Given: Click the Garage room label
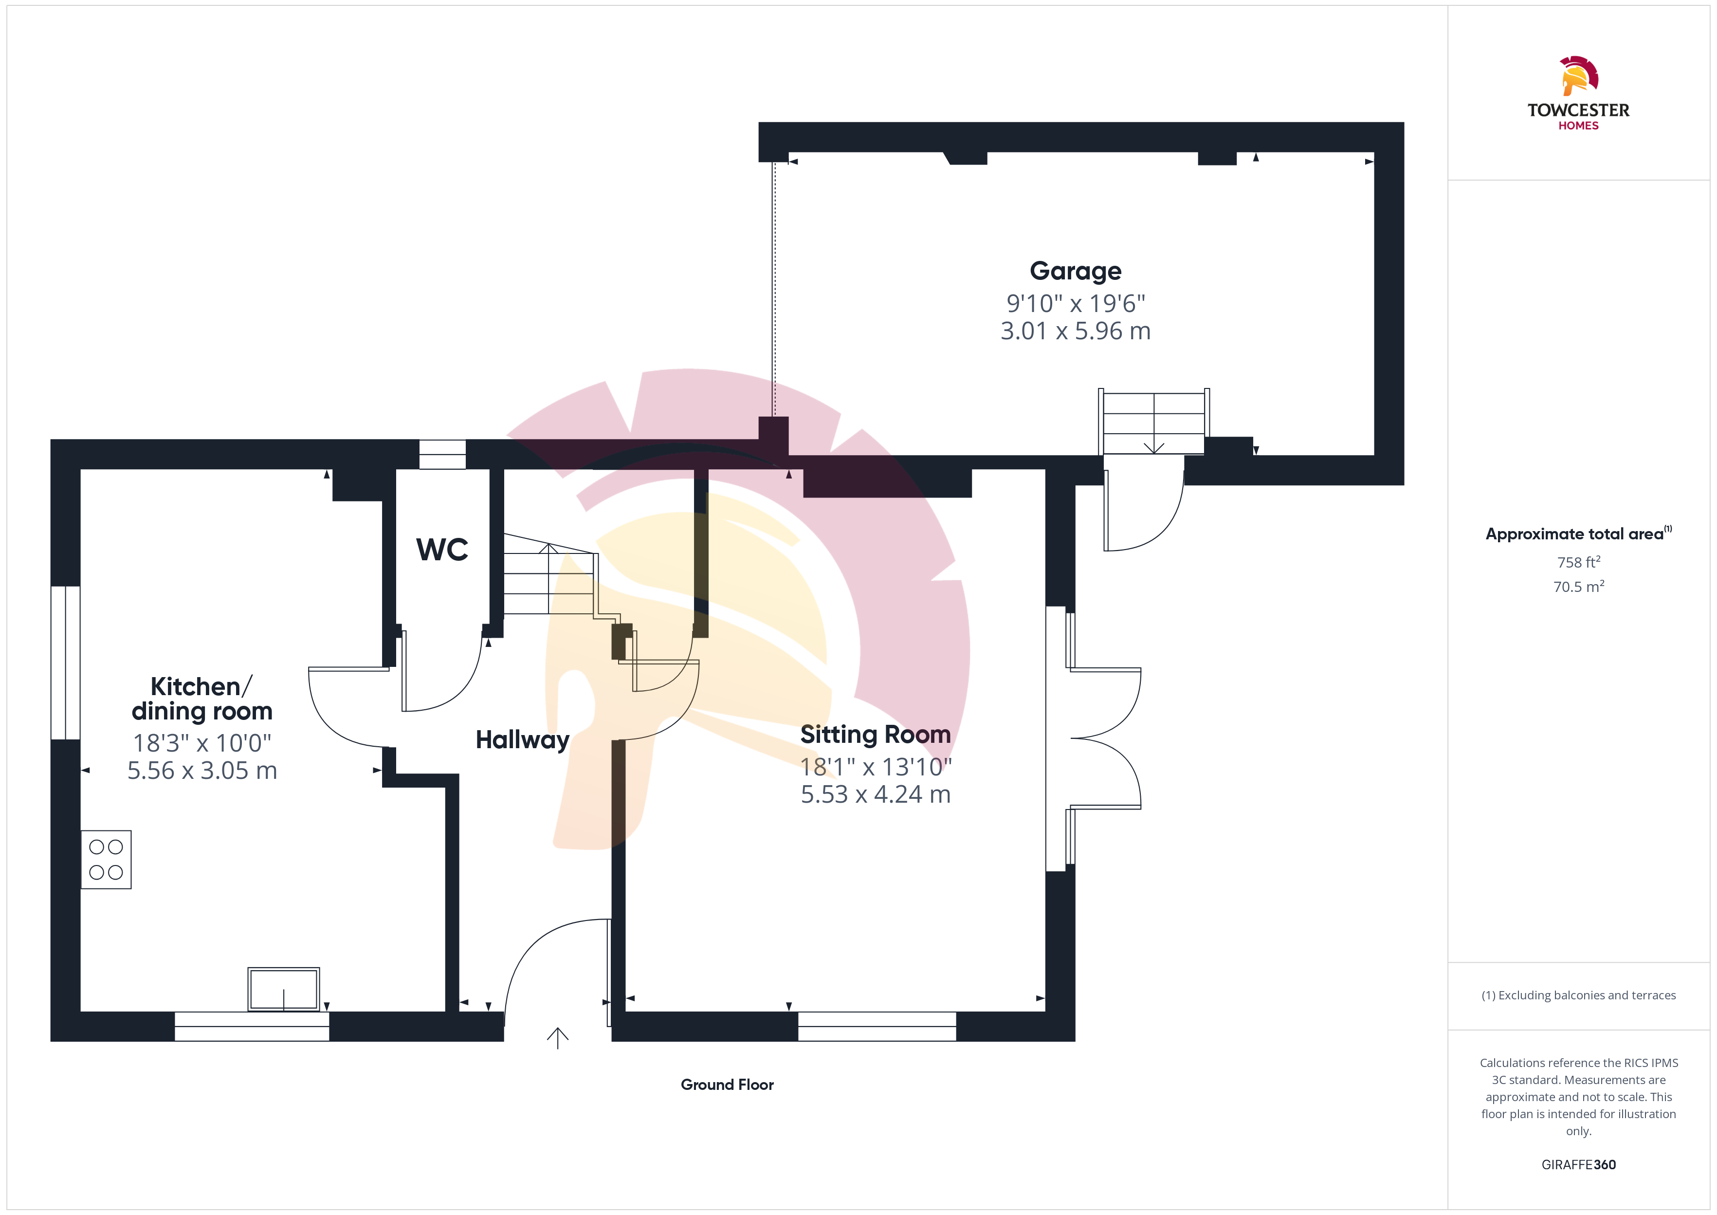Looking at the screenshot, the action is [1076, 271].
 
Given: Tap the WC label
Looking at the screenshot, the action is [442, 550].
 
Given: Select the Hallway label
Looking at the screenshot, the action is [523, 740].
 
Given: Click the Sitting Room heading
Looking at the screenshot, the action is [875, 734].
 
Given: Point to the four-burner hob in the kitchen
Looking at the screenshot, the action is [106, 860].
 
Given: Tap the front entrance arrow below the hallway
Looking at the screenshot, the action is [558, 1038].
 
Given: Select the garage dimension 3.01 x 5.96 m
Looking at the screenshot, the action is [1076, 331].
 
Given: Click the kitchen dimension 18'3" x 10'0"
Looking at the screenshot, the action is [202, 743].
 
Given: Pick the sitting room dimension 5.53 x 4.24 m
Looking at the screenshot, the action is [876, 794].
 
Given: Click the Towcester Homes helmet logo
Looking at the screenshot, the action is [1579, 75].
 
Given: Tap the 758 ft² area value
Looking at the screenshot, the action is [1579, 562].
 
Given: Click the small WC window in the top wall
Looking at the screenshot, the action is [442, 454].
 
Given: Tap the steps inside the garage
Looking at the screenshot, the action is [1154, 423].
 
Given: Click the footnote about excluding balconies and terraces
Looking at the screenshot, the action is [1579, 995].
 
